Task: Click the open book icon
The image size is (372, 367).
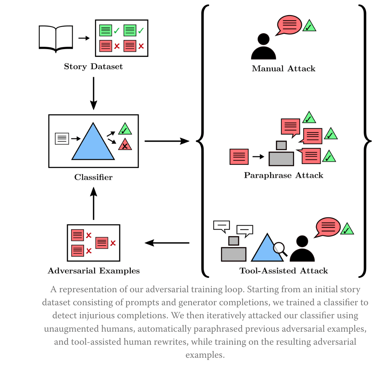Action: click(x=56, y=38)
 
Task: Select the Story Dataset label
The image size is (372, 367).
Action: click(x=93, y=67)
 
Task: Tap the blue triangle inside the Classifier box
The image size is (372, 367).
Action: click(x=93, y=143)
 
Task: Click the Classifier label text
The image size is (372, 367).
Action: click(x=93, y=177)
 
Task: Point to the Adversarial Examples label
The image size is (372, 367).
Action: click(x=94, y=271)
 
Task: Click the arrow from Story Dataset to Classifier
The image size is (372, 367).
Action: click(x=93, y=93)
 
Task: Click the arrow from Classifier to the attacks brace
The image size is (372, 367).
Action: click(x=167, y=141)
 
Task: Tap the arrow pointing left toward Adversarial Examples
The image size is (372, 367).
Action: click(x=167, y=243)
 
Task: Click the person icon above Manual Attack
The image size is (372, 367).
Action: click(x=263, y=47)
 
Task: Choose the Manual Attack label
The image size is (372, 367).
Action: click(x=283, y=69)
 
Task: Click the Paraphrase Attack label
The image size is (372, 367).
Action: click(x=283, y=176)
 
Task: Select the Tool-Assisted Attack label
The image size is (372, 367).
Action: click(x=283, y=271)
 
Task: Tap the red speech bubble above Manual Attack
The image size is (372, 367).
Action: click(x=289, y=25)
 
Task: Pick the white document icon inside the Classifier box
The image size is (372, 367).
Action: click(x=62, y=139)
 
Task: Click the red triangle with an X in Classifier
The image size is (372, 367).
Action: click(x=125, y=145)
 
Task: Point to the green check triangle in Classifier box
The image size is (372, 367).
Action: click(x=125, y=129)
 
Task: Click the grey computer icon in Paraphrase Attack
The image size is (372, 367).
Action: click(x=281, y=154)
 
